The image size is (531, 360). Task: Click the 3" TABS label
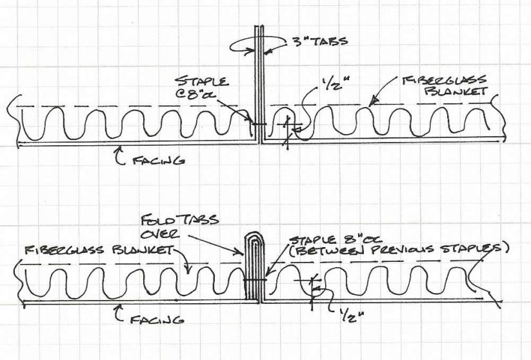click(320, 42)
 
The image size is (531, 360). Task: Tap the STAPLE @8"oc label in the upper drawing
click(202, 88)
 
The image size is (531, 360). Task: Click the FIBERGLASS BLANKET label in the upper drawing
click(445, 85)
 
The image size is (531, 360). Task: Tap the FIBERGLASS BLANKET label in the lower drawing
click(99, 250)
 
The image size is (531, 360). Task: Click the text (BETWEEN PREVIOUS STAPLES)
click(399, 249)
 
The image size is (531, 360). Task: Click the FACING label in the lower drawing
click(157, 319)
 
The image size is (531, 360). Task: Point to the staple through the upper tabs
click(259, 124)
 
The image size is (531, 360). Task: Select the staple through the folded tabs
click(255, 280)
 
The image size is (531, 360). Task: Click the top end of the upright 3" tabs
click(259, 26)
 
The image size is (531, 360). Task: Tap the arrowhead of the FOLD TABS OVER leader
click(240, 252)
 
